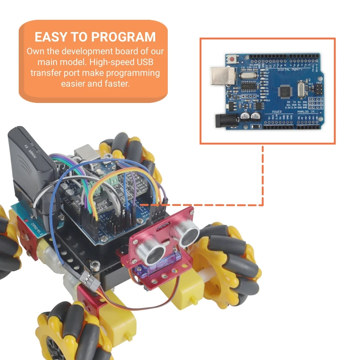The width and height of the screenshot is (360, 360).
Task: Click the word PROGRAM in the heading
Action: [123, 37]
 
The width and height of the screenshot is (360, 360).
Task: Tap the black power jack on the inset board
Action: [226, 120]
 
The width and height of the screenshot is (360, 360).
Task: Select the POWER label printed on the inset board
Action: [277, 112]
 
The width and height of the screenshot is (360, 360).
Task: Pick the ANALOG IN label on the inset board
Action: [306, 112]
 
